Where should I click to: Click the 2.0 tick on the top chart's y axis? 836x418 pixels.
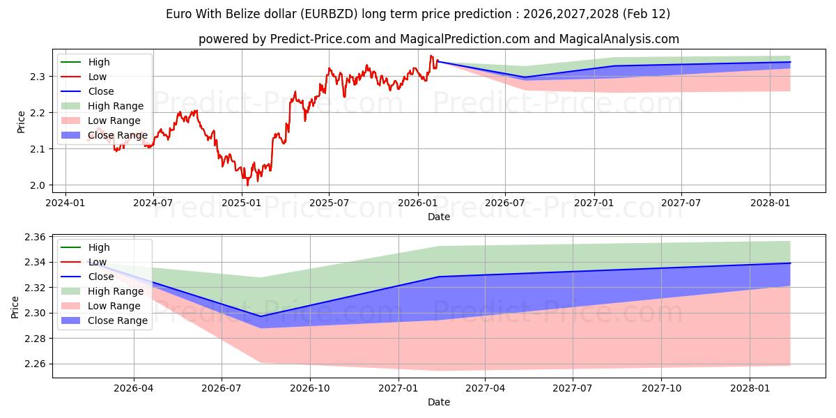(x=38, y=185)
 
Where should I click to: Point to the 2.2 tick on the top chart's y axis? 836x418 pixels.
(x=38, y=113)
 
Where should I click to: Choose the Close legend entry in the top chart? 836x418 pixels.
(x=100, y=91)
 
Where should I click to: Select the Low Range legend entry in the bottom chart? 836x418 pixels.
(x=114, y=306)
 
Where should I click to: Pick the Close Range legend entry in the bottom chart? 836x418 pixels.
(x=117, y=320)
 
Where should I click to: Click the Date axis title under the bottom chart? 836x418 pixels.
(x=439, y=402)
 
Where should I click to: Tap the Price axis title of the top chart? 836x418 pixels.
(x=21, y=123)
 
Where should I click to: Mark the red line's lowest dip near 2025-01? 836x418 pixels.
(x=247, y=185)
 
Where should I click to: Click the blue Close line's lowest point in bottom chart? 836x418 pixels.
(x=261, y=316)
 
